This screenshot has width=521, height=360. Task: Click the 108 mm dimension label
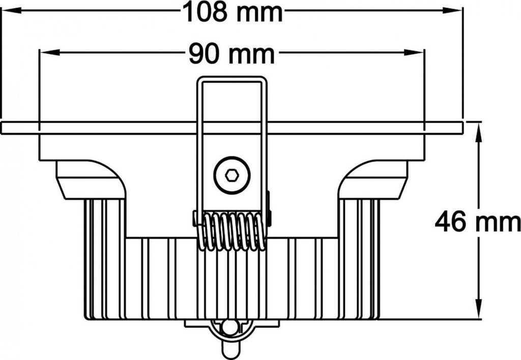(x=232, y=12)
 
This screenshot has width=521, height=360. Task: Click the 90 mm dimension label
(x=231, y=53)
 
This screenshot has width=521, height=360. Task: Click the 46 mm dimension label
(x=477, y=223)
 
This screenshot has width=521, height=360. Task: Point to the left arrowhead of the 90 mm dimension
(x=47, y=52)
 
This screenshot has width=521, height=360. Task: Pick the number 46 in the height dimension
(x=451, y=223)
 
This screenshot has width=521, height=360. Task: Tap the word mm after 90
(x=251, y=53)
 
